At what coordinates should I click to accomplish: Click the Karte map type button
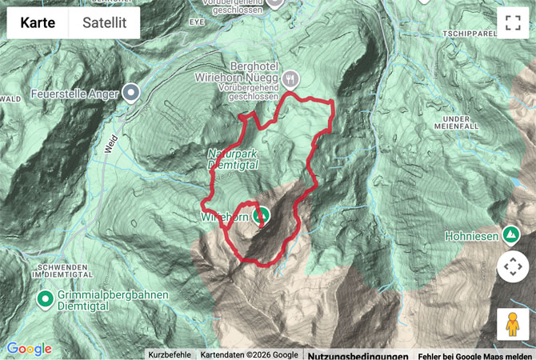click(38, 23)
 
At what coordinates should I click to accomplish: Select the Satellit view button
click(104, 23)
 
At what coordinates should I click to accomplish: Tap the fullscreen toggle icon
click(512, 23)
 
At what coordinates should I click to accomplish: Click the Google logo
click(29, 349)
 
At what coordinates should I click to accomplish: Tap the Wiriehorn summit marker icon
click(261, 216)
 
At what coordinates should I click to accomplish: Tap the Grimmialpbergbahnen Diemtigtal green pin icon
click(45, 300)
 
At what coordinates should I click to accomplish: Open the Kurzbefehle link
click(170, 354)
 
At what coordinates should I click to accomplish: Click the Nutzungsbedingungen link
click(358, 355)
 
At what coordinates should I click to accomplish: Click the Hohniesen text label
click(472, 236)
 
